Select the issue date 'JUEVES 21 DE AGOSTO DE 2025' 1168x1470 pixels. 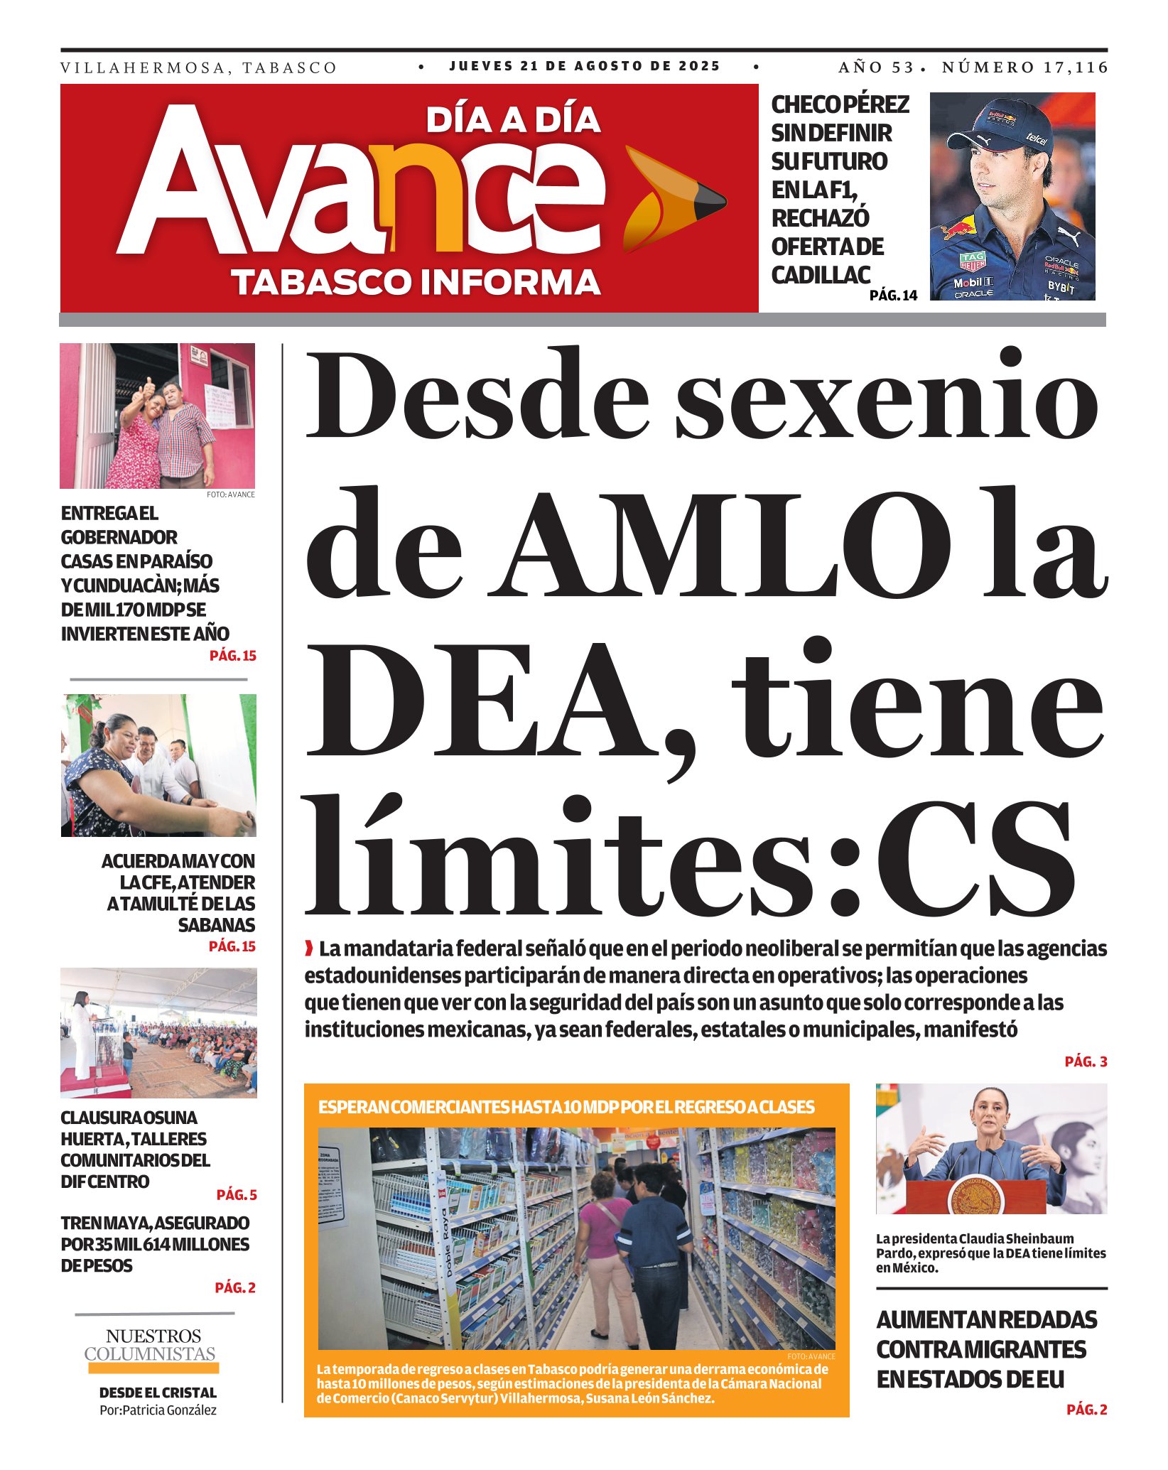(585, 66)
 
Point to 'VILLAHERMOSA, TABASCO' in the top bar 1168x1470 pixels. (198, 68)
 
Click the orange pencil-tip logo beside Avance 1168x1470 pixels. (671, 198)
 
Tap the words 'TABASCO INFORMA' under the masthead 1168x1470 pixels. (416, 282)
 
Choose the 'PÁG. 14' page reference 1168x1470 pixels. (893, 296)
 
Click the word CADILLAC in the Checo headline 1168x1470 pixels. (821, 275)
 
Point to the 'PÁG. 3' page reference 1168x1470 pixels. (1086, 1061)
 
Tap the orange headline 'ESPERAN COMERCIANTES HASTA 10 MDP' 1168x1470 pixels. (566, 1107)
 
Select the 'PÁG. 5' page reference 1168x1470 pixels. (237, 1195)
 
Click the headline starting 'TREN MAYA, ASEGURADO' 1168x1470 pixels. (155, 1244)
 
